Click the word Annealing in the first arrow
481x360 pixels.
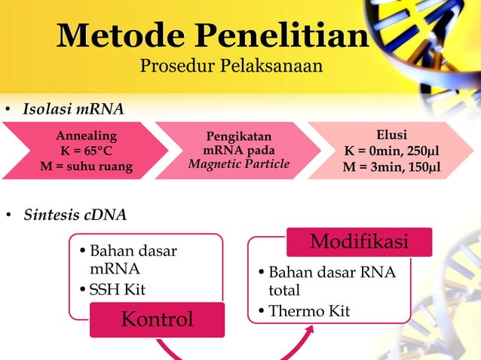(x=86, y=136)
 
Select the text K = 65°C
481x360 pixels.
(x=86, y=151)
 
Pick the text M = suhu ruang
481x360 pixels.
(x=86, y=166)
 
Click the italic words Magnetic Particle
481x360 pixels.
(x=238, y=164)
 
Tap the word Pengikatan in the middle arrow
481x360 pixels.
(x=238, y=136)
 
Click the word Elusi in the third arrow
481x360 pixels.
(x=391, y=135)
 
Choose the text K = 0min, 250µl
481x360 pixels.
(x=391, y=151)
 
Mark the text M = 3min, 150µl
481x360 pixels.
(x=391, y=166)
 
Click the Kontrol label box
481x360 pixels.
(x=157, y=319)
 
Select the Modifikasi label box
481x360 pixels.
(x=360, y=242)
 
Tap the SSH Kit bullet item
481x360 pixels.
(x=118, y=290)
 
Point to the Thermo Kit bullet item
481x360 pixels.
(x=309, y=311)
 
